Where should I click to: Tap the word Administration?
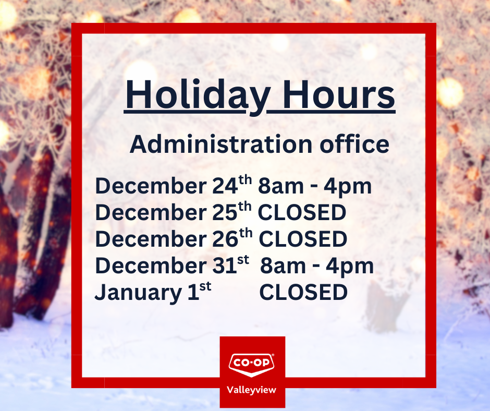tap(213, 144)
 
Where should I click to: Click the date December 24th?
tap(173, 186)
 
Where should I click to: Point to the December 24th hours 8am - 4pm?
tap(315, 187)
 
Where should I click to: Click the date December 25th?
tap(173, 213)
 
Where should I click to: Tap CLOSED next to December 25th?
tap(302, 213)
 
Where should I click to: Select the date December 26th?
tap(173, 239)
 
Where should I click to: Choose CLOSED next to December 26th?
tap(303, 239)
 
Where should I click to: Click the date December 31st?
tap(172, 266)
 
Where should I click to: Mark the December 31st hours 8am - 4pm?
tap(317, 266)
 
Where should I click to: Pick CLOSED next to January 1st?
tap(303, 293)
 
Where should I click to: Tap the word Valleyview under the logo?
tap(252, 390)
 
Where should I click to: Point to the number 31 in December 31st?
tap(223, 266)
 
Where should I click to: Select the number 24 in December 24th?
tap(223, 186)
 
